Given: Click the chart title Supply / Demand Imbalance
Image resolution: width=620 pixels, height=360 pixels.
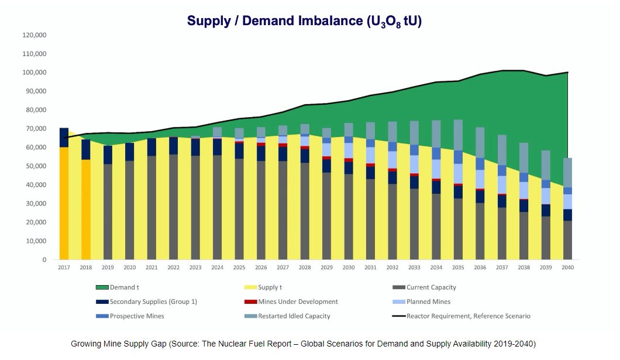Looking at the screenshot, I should click(x=304, y=21).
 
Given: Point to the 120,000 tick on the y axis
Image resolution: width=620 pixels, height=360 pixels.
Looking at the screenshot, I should click(x=35, y=35).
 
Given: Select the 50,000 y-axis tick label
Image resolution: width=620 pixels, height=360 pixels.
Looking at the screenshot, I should click(x=36, y=166).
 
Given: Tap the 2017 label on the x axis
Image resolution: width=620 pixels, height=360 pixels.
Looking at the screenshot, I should click(x=64, y=267).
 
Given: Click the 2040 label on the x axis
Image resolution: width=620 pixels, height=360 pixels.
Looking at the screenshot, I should click(x=567, y=267).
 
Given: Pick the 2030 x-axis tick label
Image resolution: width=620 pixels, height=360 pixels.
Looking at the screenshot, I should click(x=349, y=267).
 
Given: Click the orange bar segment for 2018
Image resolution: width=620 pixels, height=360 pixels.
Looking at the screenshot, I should click(x=86, y=209).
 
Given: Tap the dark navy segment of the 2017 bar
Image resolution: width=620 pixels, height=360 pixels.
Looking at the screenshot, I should click(x=64, y=138).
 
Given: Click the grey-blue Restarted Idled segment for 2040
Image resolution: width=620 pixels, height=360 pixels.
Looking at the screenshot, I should click(x=567, y=173).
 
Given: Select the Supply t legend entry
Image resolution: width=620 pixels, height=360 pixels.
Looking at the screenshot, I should click(x=270, y=287).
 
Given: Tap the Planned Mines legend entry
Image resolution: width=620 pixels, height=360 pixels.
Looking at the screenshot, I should click(x=429, y=302).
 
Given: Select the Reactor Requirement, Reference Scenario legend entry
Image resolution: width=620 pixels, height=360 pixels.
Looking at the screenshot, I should click(x=468, y=316).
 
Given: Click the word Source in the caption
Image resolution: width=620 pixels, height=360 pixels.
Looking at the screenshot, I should click(x=181, y=343).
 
